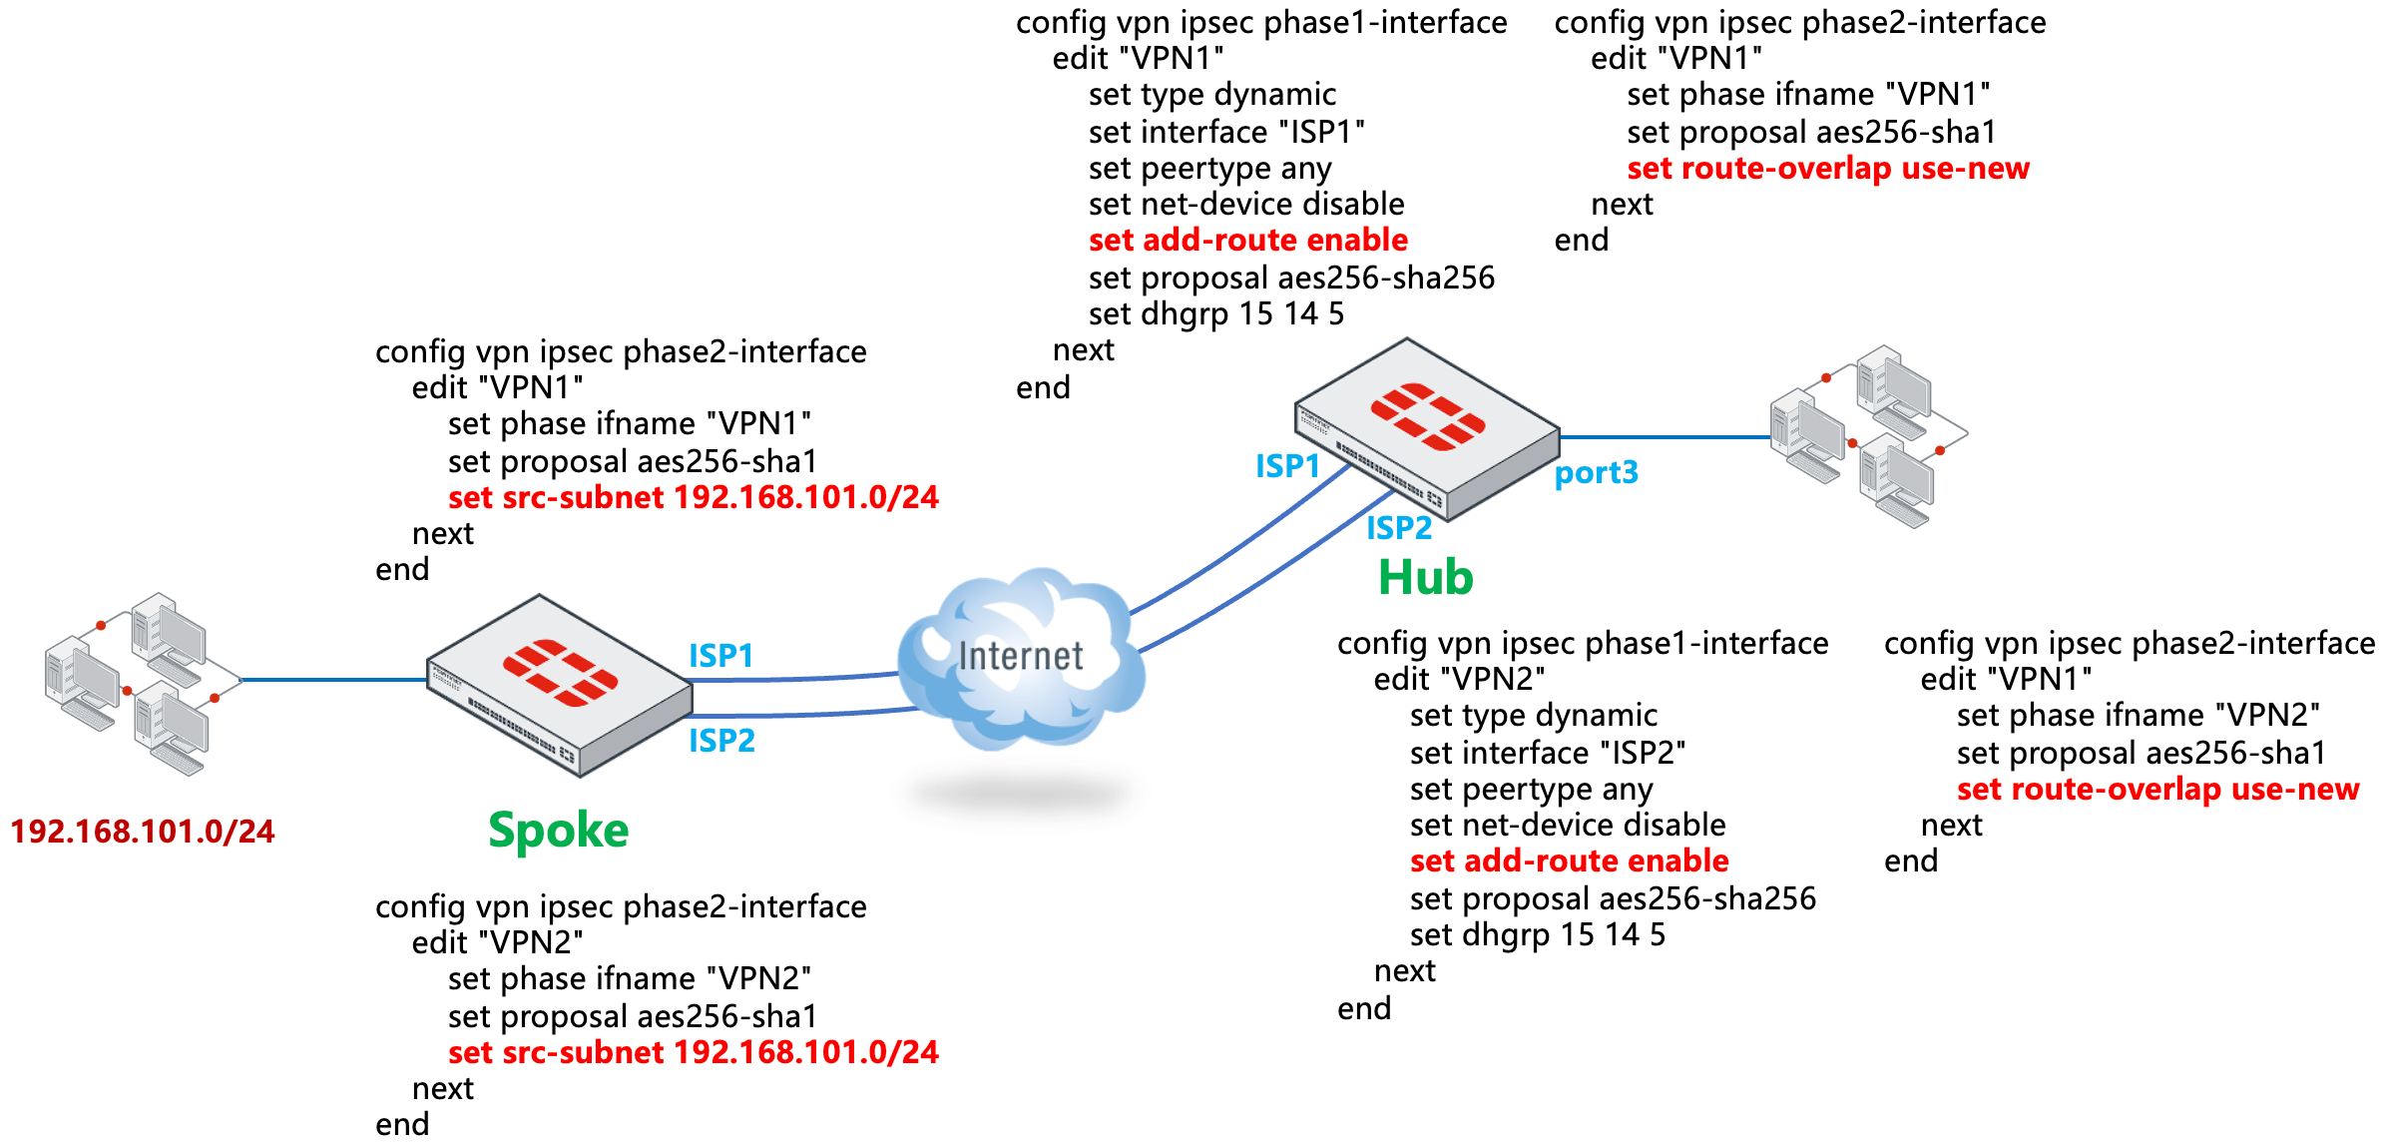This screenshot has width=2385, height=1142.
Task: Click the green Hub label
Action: pyautogui.click(x=1425, y=577)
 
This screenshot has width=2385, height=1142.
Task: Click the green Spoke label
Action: pyautogui.click(x=558, y=831)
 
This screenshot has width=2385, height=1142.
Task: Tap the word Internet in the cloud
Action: pyautogui.click(x=1020, y=656)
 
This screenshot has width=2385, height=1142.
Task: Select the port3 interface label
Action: pyautogui.click(x=1596, y=472)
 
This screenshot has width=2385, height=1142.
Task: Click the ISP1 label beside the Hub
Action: pyautogui.click(x=1286, y=466)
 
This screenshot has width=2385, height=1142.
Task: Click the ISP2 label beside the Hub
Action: pyautogui.click(x=1398, y=528)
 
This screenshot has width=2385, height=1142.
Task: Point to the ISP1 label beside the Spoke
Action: pyautogui.click(x=720, y=656)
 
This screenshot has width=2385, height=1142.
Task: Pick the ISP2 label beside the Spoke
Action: pyautogui.click(x=721, y=741)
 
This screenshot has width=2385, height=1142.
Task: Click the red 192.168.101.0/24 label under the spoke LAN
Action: pyautogui.click(x=142, y=832)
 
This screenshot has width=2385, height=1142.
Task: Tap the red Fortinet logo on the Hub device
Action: pyautogui.click(x=1427, y=416)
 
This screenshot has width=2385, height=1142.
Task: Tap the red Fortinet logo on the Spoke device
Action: pyautogui.click(x=560, y=673)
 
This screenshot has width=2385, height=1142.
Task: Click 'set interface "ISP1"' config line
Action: pyautogui.click(x=1225, y=132)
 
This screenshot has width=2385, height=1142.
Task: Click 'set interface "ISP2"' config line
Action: pyautogui.click(x=1547, y=753)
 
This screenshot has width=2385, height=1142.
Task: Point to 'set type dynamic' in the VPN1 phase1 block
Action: pyautogui.click(x=1211, y=95)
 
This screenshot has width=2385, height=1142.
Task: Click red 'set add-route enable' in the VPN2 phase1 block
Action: pyautogui.click(x=1568, y=860)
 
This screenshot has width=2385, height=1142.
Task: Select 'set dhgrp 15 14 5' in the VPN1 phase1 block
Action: pyautogui.click(x=1215, y=314)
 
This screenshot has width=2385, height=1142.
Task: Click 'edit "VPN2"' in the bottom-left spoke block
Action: pyautogui.click(x=497, y=942)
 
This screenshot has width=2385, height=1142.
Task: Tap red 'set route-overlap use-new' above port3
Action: pyautogui.click(x=1827, y=168)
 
